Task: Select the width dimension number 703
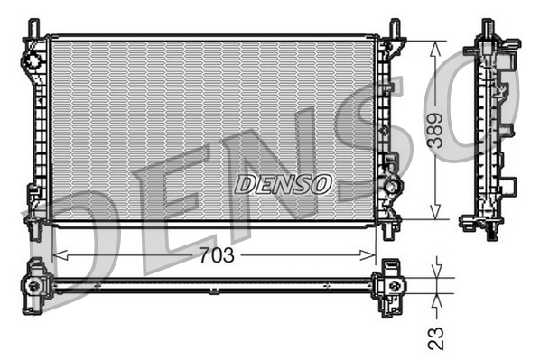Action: tap(216, 255)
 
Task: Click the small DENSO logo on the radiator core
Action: tap(284, 184)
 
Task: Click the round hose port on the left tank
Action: tap(33, 60)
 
